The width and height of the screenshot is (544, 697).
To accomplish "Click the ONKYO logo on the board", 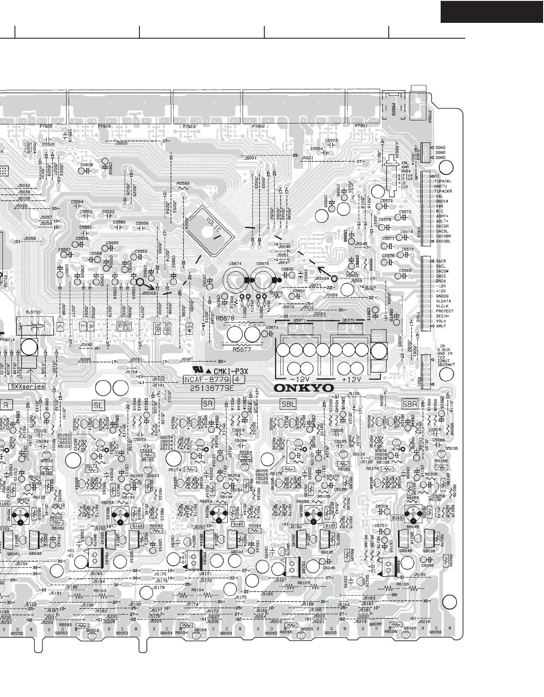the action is [303, 388].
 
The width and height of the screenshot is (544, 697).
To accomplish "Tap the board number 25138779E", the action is [212, 388].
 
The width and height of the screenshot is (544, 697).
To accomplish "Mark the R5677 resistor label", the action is [241, 350].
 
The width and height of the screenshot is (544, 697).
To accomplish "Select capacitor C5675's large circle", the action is [263, 280].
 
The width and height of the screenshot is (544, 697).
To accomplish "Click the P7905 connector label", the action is [46, 126].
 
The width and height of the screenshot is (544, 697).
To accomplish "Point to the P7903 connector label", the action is [189, 127].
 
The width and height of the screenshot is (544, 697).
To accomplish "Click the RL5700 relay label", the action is [33, 312].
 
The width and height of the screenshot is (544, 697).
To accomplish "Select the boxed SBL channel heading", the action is [288, 403].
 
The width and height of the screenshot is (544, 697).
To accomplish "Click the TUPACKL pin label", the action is [443, 181].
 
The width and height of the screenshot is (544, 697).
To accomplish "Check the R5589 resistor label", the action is [183, 183].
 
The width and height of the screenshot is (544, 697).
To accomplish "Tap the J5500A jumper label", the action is [322, 279].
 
